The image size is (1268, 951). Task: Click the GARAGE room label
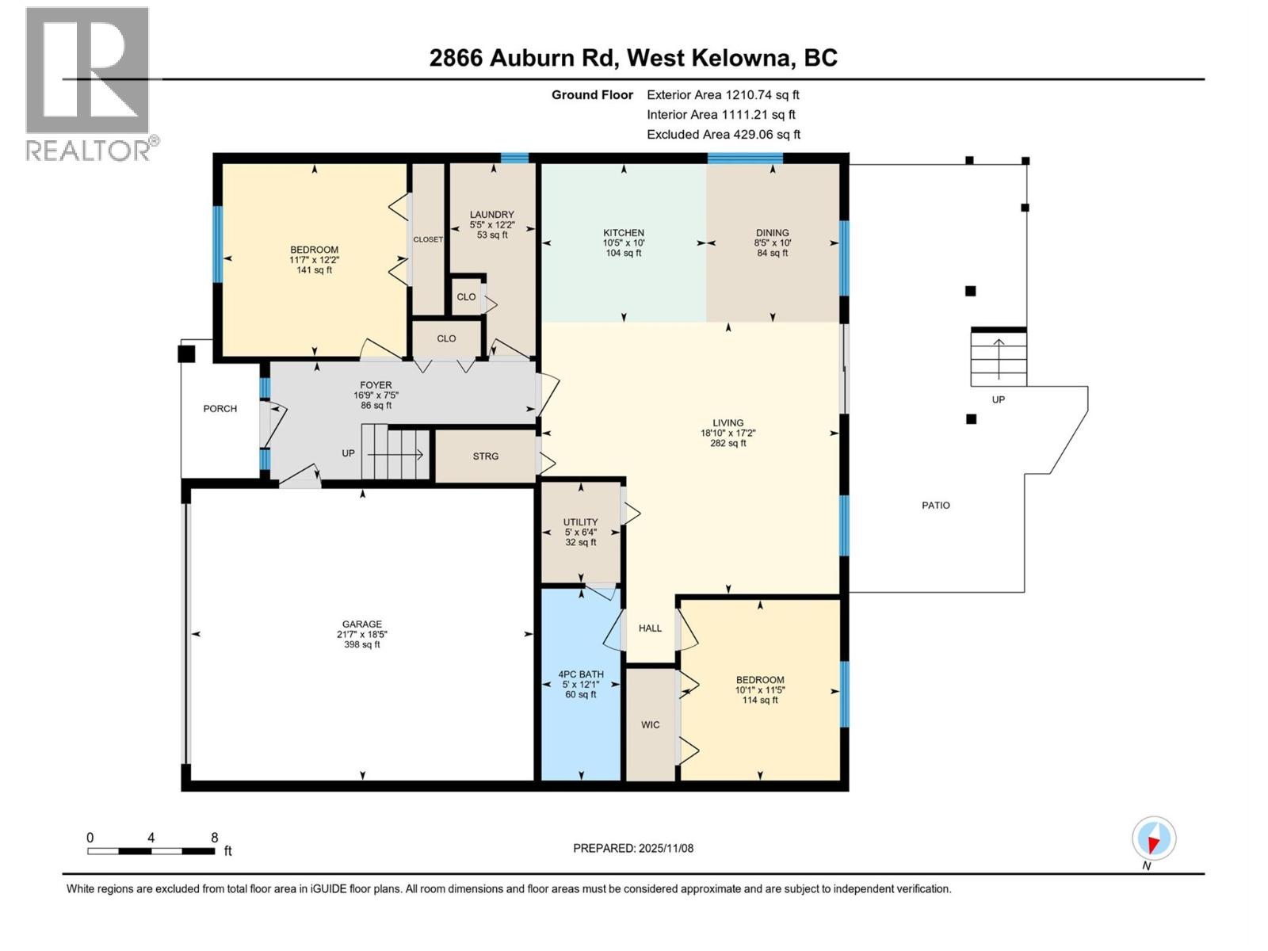[x=361, y=624]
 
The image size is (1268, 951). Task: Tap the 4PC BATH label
[x=581, y=674]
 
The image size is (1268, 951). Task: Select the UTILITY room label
[x=580, y=522]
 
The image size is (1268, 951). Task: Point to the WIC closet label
[x=650, y=724]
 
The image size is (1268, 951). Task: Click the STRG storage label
[x=485, y=456]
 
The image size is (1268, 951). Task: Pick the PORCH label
[x=220, y=409]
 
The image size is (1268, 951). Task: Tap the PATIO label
[x=935, y=505]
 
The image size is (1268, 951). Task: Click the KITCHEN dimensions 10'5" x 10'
[x=623, y=243]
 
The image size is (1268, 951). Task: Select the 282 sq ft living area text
[x=728, y=444]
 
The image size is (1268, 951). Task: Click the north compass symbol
[x=1153, y=838]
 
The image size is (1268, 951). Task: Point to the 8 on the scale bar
[x=214, y=838]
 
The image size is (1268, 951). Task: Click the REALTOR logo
[x=88, y=83]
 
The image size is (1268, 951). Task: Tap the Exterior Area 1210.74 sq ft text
[x=722, y=95]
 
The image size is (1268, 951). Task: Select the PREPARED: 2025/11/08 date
[x=632, y=848]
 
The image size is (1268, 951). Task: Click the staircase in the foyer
[x=395, y=454]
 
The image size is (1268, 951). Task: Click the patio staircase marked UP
[x=999, y=358]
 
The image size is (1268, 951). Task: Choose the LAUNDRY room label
[x=491, y=215]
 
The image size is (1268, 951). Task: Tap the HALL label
[x=650, y=628]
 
